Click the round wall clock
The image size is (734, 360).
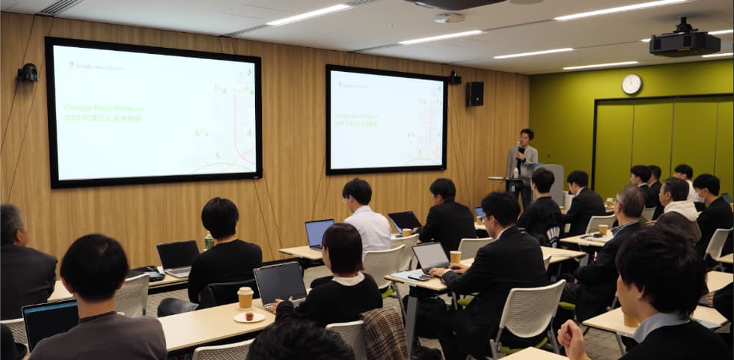pos(631,84)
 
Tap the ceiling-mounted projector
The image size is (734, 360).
pos(684,42)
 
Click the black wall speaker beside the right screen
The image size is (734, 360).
pos(474,94)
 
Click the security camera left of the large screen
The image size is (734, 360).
pos(28,73)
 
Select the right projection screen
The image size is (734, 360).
pos(385,119)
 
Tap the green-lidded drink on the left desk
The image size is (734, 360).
pos(210,241)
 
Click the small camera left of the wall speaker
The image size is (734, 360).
pos(453,77)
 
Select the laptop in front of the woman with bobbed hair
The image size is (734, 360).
pos(280,283)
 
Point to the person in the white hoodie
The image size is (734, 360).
pos(678,210)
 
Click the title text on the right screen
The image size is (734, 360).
pos(356,119)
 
